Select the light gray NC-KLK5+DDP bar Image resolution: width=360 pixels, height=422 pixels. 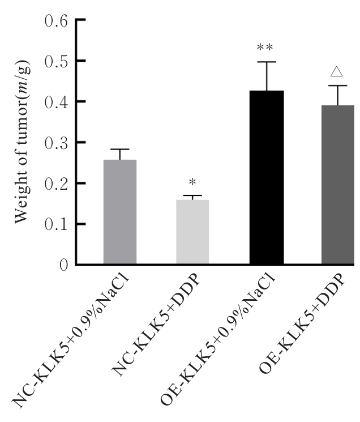point(192,232)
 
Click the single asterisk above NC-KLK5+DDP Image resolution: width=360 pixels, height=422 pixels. point(192,183)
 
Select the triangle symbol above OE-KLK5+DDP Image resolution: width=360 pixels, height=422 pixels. point(337,72)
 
